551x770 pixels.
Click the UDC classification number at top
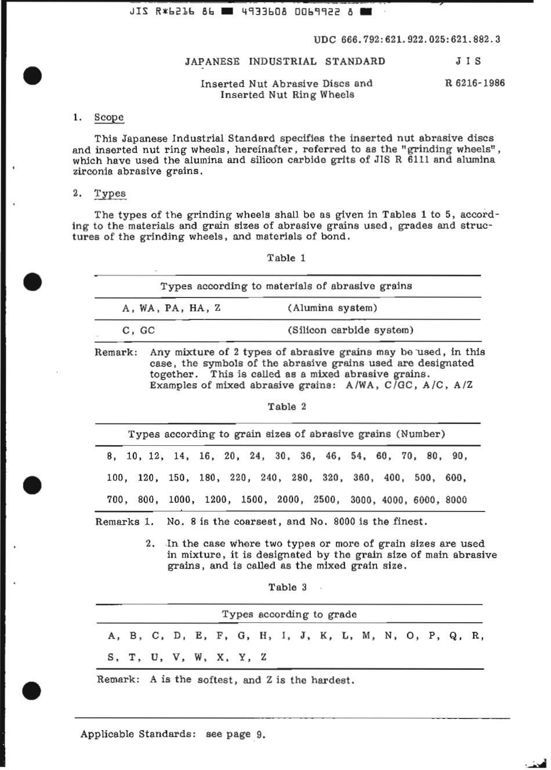click(x=407, y=39)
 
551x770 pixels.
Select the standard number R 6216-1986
click(x=474, y=83)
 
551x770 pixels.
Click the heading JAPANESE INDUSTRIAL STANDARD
click(x=285, y=61)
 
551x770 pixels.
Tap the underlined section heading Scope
click(x=109, y=118)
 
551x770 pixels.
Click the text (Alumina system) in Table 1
click(x=332, y=308)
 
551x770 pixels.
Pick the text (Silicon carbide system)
click(x=350, y=330)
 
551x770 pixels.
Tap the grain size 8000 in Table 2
click(x=456, y=500)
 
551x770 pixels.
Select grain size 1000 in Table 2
click(x=182, y=500)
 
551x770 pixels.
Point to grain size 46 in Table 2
click(x=333, y=456)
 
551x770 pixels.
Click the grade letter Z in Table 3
click(x=263, y=658)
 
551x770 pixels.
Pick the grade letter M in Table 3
click(x=368, y=636)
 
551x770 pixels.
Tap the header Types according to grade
click(x=289, y=615)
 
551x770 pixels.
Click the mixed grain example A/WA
click(x=358, y=386)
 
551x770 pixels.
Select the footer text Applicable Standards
click(x=137, y=734)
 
